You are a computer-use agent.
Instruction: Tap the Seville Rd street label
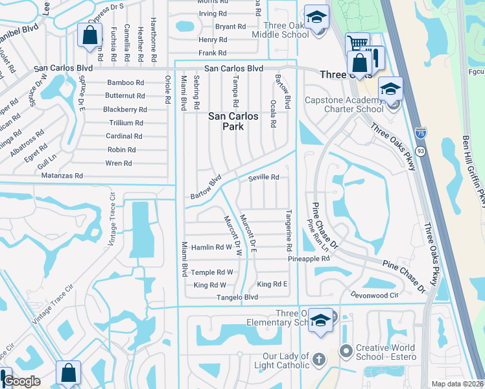click(x=264, y=177)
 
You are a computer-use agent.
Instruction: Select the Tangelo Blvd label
click(x=233, y=297)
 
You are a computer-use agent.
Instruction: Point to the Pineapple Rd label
click(x=309, y=258)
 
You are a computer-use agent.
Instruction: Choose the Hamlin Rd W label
click(x=211, y=247)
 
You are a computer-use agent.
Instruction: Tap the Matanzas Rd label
click(x=62, y=176)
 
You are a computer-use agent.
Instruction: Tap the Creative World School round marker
click(x=346, y=351)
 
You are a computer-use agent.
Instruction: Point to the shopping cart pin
click(x=356, y=43)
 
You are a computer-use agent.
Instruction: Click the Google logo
click(x=21, y=381)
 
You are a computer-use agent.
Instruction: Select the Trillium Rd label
click(x=126, y=123)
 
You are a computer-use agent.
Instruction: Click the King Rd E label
click(x=272, y=284)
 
